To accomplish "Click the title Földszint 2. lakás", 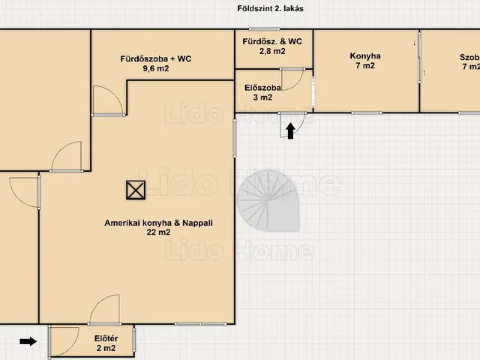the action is point(270,8).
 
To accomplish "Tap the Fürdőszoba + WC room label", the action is point(156,58).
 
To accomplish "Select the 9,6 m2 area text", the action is point(156,68).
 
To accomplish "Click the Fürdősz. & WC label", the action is point(272,41).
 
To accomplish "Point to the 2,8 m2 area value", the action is point(272,51).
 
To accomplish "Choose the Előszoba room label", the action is point(262,88).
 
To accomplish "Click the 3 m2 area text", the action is point(262,97).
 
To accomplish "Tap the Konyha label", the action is point(365,56).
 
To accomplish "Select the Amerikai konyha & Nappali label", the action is point(158,223).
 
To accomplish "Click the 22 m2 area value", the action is point(158,232).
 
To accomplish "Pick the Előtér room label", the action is point(106,338).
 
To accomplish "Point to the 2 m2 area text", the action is point(106,348).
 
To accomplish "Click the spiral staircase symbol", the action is point(268,201).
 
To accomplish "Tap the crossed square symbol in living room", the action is point(136,190).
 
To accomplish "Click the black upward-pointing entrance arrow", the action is point(290,130).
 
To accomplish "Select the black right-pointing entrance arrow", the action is point(28,341).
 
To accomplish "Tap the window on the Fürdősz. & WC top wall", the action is point(264,29).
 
